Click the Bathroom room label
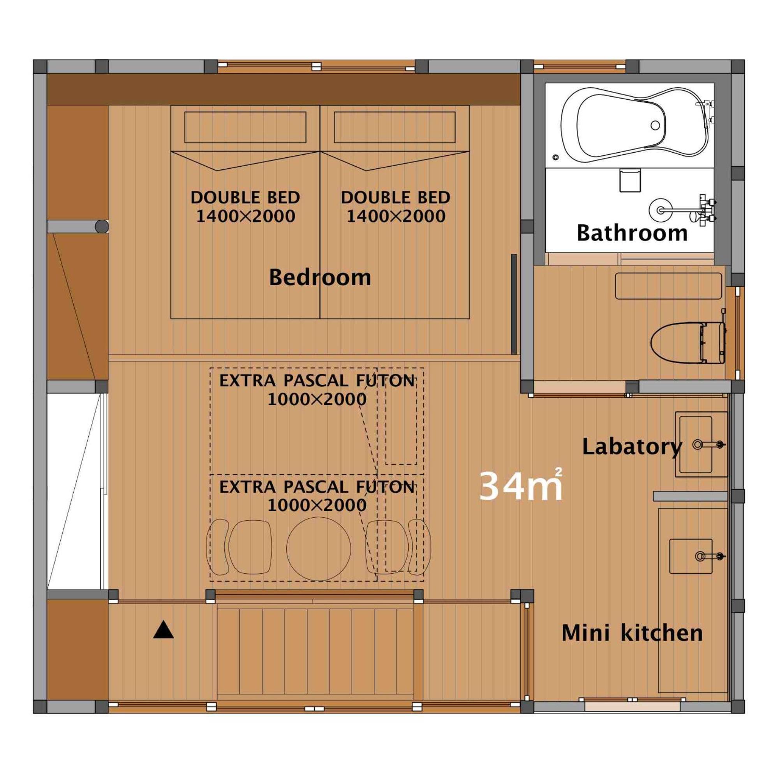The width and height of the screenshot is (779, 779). [x=632, y=233]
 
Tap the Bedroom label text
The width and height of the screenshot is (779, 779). [x=320, y=277]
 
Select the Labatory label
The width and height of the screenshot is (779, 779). [x=632, y=447]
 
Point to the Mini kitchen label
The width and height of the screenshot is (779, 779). [x=632, y=633]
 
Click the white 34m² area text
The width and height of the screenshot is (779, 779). [x=520, y=485]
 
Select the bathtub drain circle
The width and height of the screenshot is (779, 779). [x=655, y=125]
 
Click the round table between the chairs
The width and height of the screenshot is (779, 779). [x=319, y=549]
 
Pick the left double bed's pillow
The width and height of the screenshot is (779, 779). [x=245, y=127]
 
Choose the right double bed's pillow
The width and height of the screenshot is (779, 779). [x=395, y=127]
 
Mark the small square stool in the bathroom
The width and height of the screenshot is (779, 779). [x=630, y=180]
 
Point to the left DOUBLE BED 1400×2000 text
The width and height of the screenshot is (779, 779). [x=245, y=207]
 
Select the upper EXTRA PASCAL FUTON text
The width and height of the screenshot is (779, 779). [x=317, y=389]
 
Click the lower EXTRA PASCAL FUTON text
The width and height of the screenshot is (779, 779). [x=317, y=495]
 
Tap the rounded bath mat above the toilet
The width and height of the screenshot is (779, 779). [x=668, y=286]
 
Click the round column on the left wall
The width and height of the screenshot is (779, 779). [x=102, y=227]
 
